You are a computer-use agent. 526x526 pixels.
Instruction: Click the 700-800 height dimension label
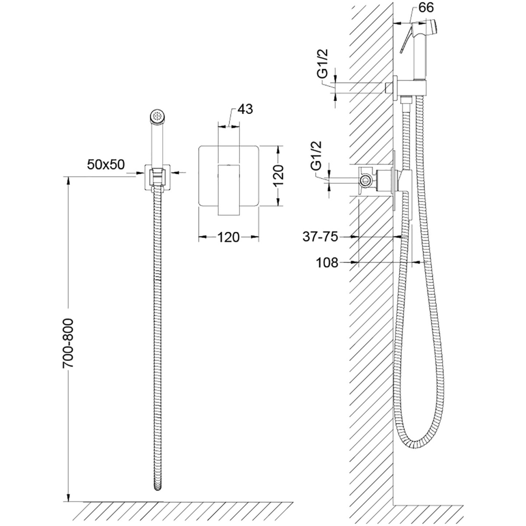pyautogui.click(x=68, y=343)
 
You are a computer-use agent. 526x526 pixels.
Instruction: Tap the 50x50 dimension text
pyautogui.click(x=106, y=164)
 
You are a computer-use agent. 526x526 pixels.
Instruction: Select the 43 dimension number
pyautogui.click(x=245, y=109)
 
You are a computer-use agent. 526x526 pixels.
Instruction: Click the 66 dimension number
pyautogui.click(x=426, y=7)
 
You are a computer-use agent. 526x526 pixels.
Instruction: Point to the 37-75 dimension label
pyautogui.click(x=320, y=237)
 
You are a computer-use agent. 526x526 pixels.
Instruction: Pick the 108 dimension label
pyautogui.click(x=327, y=263)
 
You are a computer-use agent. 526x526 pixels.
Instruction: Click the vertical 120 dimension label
pyautogui.click(x=279, y=175)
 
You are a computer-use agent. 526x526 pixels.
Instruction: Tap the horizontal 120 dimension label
pyautogui.click(x=228, y=237)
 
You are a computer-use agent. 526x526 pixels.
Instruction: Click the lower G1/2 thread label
pyautogui.click(x=316, y=156)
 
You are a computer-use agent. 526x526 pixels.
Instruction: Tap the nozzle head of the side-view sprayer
pyautogui.click(x=432, y=26)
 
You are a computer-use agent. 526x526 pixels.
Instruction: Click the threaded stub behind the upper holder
pyautogui.click(x=388, y=88)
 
